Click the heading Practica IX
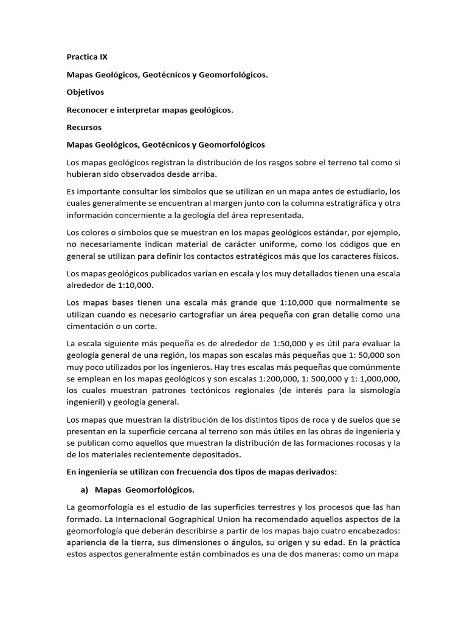click(86, 58)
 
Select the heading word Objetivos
click(85, 92)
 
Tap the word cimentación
click(90, 326)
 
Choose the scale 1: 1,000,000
click(379, 378)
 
